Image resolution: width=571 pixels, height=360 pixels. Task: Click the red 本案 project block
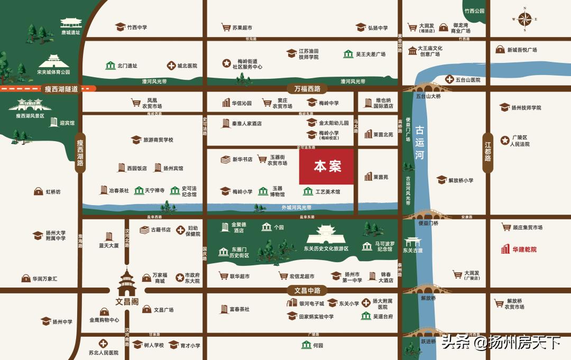(x=326, y=167)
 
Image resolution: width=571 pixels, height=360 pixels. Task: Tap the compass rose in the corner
(x=525, y=20)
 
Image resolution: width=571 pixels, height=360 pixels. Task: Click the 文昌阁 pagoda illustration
(x=127, y=283)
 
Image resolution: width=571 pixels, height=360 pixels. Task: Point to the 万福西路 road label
(x=307, y=88)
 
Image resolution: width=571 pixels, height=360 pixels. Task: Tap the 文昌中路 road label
(x=307, y=290)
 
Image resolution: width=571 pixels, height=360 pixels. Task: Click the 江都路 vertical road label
(x=487, y=151)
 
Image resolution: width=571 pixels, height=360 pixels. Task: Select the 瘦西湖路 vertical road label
(x=80, y=153)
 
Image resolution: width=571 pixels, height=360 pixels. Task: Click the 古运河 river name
(x=419, y=142)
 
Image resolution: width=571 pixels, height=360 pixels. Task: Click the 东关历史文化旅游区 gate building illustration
(x=326, y=234)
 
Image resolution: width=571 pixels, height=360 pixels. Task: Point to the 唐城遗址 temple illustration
(x=71, y=23)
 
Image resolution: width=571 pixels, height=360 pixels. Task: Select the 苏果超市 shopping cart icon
(x=226, y=27)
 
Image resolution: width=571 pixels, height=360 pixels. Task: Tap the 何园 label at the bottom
(x=317, y=345)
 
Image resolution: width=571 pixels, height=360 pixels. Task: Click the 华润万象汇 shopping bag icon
(x=25, y=278)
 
